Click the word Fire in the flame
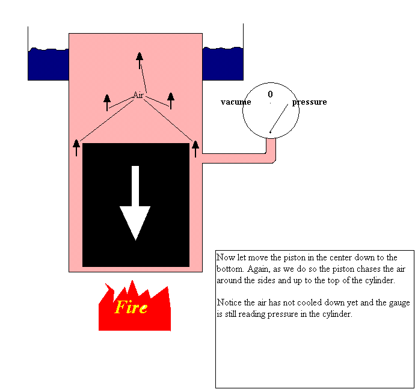point(131,308)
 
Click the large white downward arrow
point(135,204)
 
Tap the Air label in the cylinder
point(138,95)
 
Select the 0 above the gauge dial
point(270,94)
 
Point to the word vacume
point(236,102)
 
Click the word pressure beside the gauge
point(310,102)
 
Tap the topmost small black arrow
point(140,58)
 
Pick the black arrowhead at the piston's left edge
point(76,144)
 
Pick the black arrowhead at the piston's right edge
point(195,144)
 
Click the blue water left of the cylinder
point(48,64)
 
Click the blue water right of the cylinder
point(223,64)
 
